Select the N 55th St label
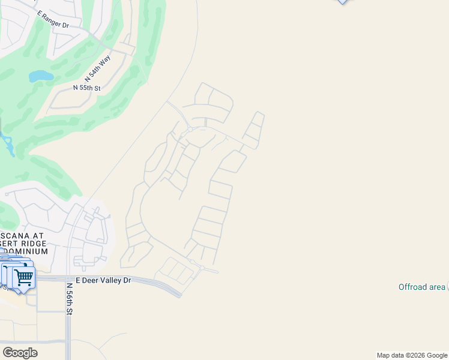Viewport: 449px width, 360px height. pyautogui.click(x=86, y=88)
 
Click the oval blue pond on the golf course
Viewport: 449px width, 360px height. pyautogui.click(x=41, y=76)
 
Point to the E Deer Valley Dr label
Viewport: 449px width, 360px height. pyautogui.click(x=103, y=280)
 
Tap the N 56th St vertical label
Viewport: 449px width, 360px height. pyautogui.click(x=70, y=299)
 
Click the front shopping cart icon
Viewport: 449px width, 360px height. pyautogui.click(x=23, y=278)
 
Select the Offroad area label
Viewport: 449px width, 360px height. pyautogui.click(x=422, y=287)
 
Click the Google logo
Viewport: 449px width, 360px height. pyautogui.click(x=20, y=352)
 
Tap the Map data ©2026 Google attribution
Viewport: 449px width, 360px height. pyautogui.click(x=412, y=355)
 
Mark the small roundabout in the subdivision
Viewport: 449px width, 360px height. pyautogui.click(x=190, y=129)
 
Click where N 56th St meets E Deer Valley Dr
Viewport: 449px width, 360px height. pyautogui.click(x=69, y=278)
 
